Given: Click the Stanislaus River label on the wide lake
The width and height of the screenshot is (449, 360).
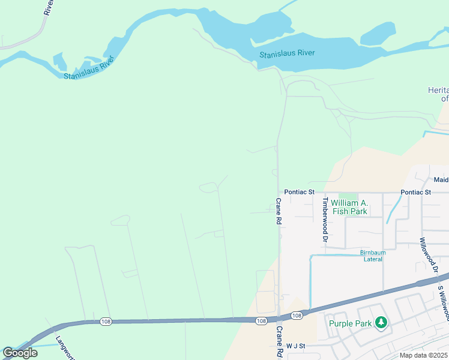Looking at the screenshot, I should pos(287,54).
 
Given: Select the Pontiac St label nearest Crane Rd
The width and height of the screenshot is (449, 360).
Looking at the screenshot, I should pos(299,192).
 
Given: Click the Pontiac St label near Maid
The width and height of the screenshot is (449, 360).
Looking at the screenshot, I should pos(416,192).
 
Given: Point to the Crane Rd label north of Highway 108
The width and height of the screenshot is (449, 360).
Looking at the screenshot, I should pos(279,212).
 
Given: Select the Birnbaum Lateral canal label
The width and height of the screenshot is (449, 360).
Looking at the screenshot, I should pos(373,256).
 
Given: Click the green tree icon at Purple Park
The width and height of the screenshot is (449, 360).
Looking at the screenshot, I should pos(381,323).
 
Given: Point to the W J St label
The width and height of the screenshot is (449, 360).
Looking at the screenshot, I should pos(296,346).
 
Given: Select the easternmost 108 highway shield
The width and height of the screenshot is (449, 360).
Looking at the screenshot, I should pos(297,316).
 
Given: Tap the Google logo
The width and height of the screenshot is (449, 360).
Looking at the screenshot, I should pos(20,353).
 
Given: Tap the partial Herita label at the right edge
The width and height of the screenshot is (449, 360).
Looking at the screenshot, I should pos(438,94).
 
